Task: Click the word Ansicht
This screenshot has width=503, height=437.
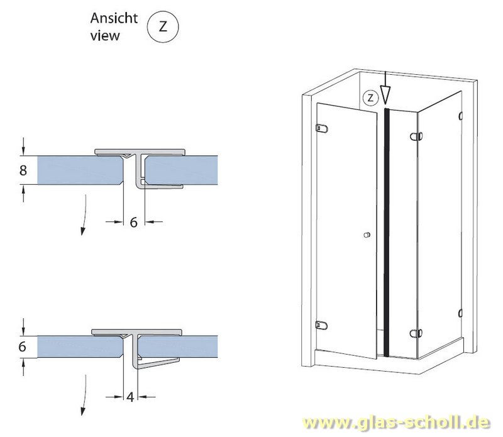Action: (x=114, y=18)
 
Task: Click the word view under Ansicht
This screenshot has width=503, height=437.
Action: (x=105, y=36)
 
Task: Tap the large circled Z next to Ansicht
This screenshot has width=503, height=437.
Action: (x=163, y=26)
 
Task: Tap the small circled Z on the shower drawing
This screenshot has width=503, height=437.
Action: (x=370, y=97)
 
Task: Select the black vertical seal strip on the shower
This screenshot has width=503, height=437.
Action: (x=387, y=232)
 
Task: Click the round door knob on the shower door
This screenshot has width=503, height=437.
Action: (x=367, y=235)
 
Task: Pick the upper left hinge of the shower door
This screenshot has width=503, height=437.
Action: (x=322, y=128)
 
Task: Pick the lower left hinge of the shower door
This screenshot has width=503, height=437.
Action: (x=321, y=326)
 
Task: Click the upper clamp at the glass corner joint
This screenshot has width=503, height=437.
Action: (x=416, y=136)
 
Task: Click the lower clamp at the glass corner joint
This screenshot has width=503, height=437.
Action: (x=416, y=334)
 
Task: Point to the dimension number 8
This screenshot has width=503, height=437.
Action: (x=23, y=170)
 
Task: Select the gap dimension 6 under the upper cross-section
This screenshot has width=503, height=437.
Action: (x=134, y=222)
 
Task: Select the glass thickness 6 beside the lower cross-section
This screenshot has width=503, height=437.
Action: (x=22, y=347)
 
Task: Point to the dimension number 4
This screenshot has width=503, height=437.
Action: (x=130, y=397)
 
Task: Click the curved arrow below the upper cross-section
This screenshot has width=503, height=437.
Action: (x=85, y=214)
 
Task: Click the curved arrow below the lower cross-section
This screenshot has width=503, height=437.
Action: (x=85, y=394)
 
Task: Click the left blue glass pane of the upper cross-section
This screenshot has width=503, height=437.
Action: (x=80, y=170)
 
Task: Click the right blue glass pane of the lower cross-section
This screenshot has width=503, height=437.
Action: (x=179, y=347)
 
